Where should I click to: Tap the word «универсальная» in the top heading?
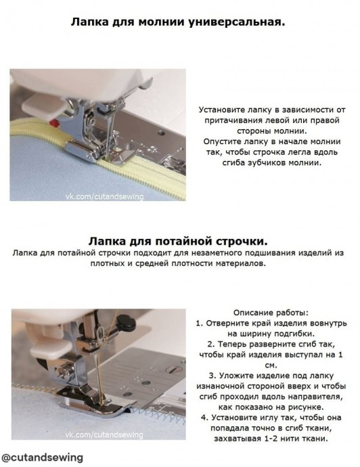237,22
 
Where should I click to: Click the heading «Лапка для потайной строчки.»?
178,241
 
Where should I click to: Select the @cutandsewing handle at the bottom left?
42,457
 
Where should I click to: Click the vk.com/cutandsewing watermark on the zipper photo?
104,196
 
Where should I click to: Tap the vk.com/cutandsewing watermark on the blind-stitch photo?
104,435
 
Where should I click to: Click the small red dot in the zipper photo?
54,123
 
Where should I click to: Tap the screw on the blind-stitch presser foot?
64,371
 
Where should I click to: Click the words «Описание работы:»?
271,313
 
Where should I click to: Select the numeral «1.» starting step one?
199,324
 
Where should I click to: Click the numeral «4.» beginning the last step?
204,418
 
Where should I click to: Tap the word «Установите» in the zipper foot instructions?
222,110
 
